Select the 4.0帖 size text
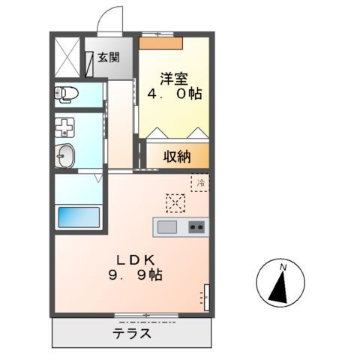pos(174,95)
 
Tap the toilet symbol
pos(67,94)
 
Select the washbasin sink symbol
pos(66,156)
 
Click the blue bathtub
pos(80,219)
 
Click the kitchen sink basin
pos(166,226)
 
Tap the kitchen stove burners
pos(196,226)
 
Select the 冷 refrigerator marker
pos(199,182)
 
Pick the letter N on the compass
pos(283,268)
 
